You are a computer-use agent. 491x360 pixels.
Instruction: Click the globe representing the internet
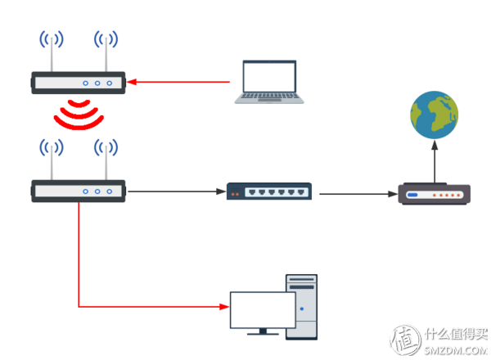click(x=434, y=115)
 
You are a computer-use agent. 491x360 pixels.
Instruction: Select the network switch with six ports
click(x=269, y=191)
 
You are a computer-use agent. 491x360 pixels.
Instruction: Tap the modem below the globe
click(x=434, y=195)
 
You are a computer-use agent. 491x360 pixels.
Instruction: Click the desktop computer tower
click(x=301, y=307)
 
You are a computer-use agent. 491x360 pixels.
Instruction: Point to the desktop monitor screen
click(x=262, y=309)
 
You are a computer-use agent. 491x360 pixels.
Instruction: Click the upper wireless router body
click(x=79, y=82)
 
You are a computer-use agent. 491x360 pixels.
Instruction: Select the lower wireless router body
click(x=79, y=191)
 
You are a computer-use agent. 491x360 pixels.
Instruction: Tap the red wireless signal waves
click(x=79, y=115)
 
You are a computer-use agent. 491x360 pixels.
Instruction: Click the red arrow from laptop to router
click(x=180, y=81)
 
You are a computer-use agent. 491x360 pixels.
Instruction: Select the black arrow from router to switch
click(x=176, y=192)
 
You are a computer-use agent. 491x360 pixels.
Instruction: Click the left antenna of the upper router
click(x=51, y=53)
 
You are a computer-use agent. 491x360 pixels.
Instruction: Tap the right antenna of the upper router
click(x=106, y=53)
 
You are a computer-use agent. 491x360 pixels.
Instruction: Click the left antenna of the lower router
click(x=51, y=162)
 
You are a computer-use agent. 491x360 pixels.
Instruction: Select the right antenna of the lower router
click(x=106, y=162)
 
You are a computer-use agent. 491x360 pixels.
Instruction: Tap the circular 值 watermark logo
click(x=405, y=340)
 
